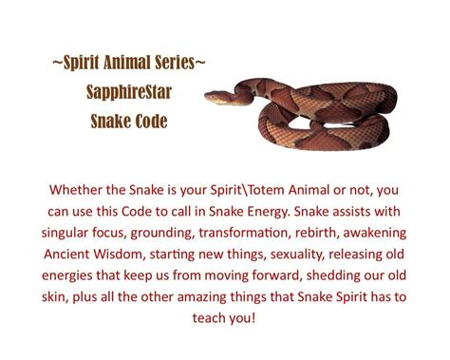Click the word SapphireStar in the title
(x=128, y=93)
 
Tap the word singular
(x=68, y=232)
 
